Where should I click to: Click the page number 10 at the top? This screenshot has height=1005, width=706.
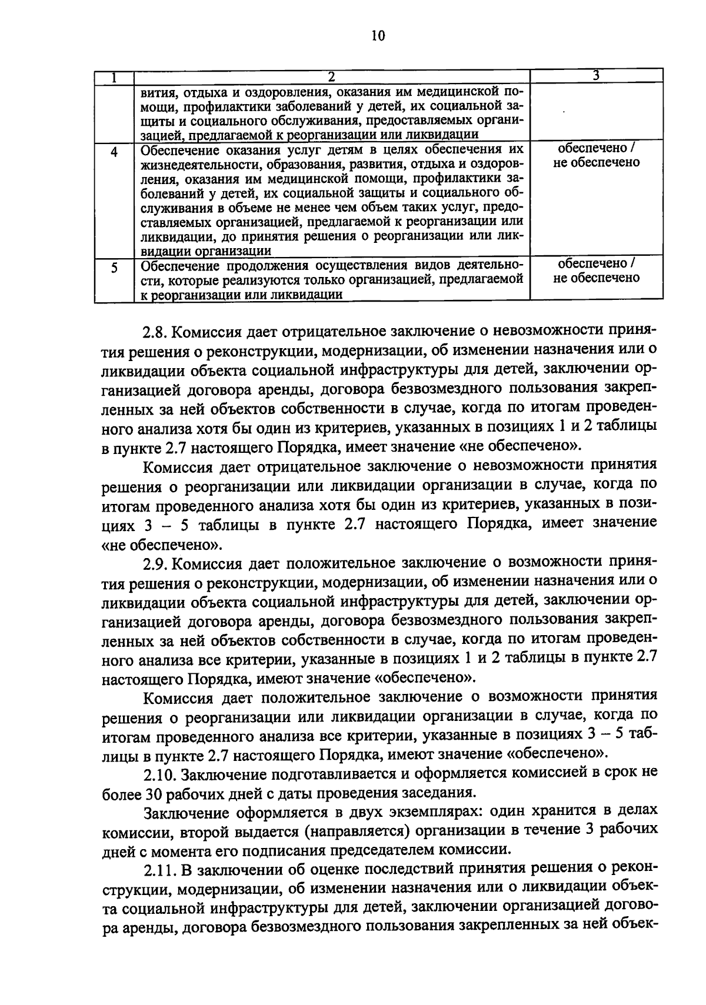(x=378, y=36)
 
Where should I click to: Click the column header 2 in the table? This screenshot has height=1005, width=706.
(x=332, y=76)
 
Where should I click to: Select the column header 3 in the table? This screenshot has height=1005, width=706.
(x=596, y=75)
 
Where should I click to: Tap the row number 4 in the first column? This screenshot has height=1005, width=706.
(x=114, y=151)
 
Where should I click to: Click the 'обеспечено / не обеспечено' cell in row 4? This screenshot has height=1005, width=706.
(x=596, y=155)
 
